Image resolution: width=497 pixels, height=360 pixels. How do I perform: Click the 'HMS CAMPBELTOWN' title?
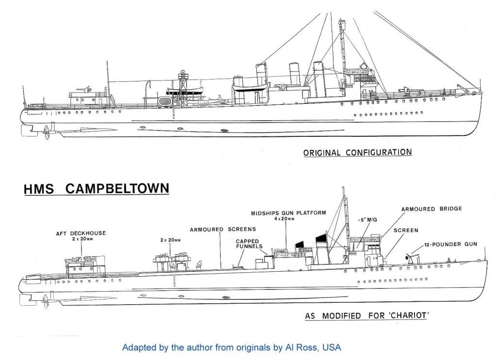pyautogui.click(x=96, y=188)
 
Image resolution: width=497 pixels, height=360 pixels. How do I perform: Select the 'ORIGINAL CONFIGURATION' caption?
pyautogui.click(x=358, y=152)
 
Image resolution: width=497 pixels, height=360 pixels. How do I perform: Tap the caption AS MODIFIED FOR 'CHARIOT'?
pyautogui.click(x=369, y=316)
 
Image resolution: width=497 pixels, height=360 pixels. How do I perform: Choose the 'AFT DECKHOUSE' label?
pyautogui.click(x=81, y=233)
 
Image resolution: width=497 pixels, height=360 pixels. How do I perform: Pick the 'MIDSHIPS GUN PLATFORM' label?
pyautogui.click(x=282, y=213)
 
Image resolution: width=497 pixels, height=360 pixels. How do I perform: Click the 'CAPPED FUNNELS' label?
pyautogui.click(x=248, y=244)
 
